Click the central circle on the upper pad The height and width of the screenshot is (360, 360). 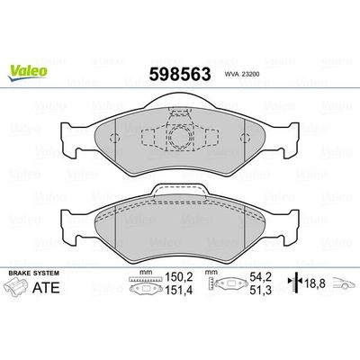point(181,139)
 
